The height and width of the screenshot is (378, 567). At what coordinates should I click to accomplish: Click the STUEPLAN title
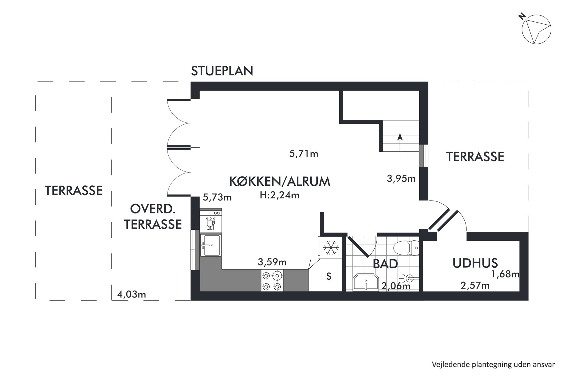coord(222,71)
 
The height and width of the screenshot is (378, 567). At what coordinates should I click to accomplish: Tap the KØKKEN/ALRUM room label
coord(280,181)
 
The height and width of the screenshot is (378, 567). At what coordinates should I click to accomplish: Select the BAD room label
coord(385,264)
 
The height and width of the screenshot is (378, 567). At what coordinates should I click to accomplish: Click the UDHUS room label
coord(475,263)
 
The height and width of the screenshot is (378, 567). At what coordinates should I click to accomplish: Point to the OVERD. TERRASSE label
coord(153,217)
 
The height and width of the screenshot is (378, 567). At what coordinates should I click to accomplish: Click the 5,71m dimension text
coord(304,154)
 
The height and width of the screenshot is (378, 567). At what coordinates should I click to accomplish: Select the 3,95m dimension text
coord(401,179)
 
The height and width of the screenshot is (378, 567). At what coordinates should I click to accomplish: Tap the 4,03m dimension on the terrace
coord(132,294)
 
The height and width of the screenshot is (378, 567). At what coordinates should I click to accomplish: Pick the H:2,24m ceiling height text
coord(279,195)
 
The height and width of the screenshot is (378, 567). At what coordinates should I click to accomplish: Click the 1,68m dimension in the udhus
coord(505,274)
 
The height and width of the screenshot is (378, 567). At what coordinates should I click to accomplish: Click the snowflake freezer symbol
coord(331,247)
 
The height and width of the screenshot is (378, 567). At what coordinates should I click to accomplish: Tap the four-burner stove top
coord(272,281)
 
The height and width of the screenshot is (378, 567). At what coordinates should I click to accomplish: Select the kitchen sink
coord(211,245)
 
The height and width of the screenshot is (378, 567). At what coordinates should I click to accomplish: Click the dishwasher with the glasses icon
coord(211,221)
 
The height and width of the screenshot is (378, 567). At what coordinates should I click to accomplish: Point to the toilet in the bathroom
coord(406,248)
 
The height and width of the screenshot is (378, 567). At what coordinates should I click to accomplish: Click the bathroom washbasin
coord(366,283)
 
